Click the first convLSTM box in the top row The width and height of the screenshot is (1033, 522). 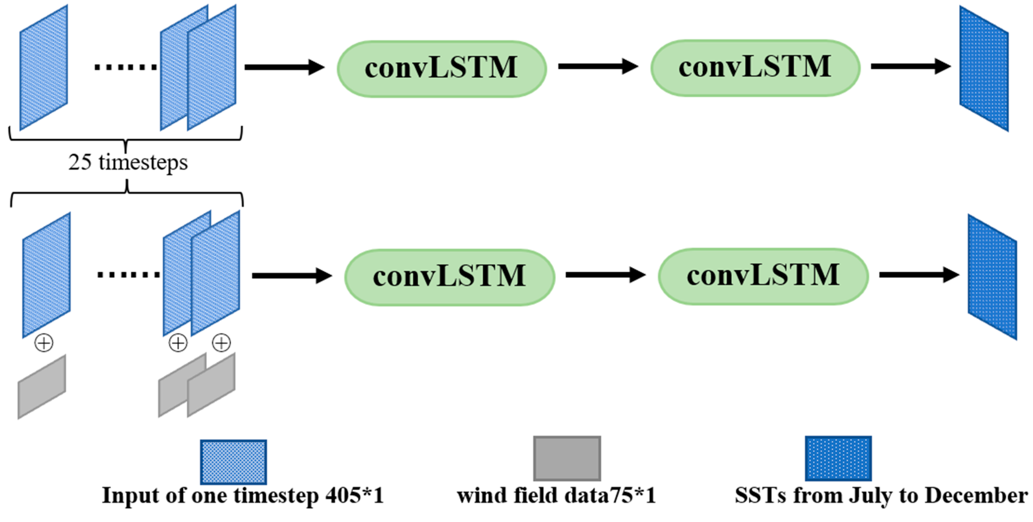tap(441, 68)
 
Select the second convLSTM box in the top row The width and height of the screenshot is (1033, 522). tap(755, 68)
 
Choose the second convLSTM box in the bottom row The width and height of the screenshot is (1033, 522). tap(763, 276)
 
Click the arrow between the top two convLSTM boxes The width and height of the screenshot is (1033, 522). tap(597, 66)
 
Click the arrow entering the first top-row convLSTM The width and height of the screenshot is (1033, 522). tap(284, 67)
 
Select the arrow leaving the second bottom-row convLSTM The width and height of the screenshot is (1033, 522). tap(918, 275)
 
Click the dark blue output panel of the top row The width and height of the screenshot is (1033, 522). tap(983, 68)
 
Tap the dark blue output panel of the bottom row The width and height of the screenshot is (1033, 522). tap(992, 277)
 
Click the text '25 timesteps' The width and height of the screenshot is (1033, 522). tap(128, 162)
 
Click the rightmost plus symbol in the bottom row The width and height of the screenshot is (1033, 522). tap(221, 343)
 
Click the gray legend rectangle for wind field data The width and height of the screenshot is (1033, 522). tap(567, 458)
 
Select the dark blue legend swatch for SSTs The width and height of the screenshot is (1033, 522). tap(838, 458)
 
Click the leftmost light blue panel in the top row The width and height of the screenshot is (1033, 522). tap(43, 68)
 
